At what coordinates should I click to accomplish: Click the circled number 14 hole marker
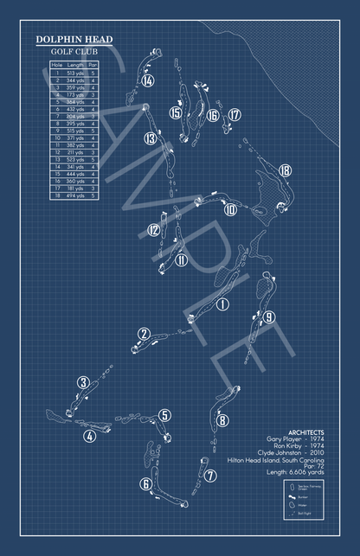(148, 81)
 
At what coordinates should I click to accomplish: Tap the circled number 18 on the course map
(286, 170)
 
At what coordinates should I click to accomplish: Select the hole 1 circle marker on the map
(222, 304)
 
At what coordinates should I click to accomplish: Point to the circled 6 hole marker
(146, 484)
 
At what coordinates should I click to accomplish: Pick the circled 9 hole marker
(270, 316)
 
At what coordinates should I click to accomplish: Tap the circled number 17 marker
(235, 114)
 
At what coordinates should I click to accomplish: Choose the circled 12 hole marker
(153, 230)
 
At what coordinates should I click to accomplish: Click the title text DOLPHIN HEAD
(74, 41)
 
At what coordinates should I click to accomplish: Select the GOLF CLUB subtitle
(74, 53)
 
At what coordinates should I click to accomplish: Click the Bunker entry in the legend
(303, 498)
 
